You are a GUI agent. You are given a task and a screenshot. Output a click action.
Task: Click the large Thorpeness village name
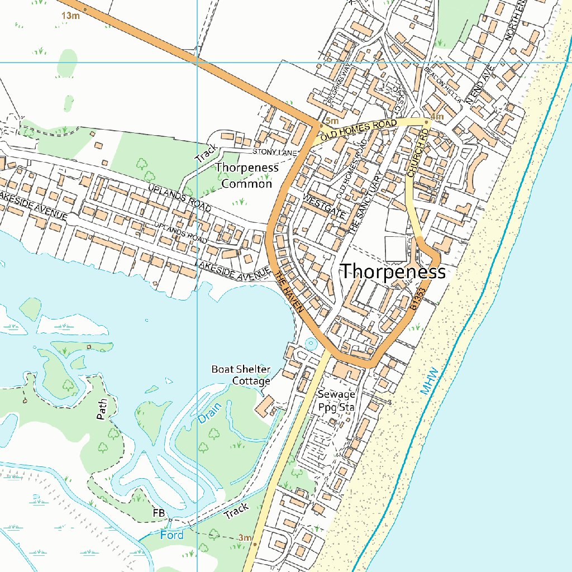tap(393, 272)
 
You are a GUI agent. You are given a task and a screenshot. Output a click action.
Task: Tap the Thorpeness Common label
tap(247, 175)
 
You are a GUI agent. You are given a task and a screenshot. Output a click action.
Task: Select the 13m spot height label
tap(71, 16)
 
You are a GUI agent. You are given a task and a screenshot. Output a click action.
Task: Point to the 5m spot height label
tap(332, 121)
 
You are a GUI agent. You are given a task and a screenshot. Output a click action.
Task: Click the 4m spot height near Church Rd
tap(437, 117)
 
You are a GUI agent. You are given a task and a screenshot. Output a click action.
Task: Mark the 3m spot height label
tap(245, 537)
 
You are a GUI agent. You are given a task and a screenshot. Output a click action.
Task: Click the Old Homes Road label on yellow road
tap(359, 129)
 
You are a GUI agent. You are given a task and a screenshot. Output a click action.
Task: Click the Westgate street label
tap(324, 206)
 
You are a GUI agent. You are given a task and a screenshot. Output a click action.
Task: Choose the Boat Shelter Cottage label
tap(241, 375)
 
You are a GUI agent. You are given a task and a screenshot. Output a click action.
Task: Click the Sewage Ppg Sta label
tap(336, 401)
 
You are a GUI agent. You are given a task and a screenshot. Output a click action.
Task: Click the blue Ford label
tap(171, 535)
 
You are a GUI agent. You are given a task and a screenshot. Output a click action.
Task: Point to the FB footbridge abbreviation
tap(159, 513)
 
